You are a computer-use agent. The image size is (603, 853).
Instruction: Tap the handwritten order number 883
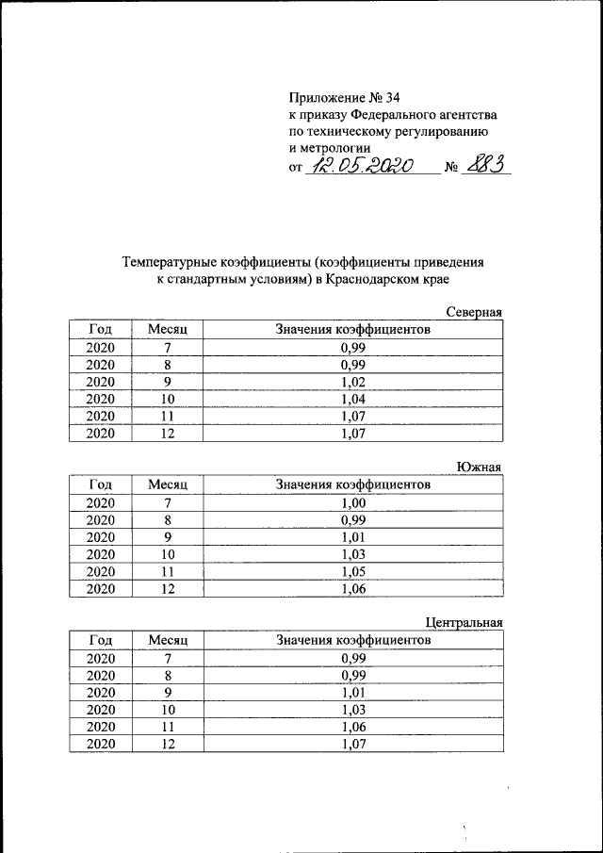(485, 165)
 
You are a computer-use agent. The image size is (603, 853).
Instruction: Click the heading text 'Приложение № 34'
(342, 97)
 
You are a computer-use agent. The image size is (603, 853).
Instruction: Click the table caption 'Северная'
(475, 313)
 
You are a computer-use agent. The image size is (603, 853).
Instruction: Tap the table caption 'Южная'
(481, 468)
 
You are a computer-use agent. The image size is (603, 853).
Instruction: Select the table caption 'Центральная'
(464, 622)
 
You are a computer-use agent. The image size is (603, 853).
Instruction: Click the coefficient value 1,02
(352, 382)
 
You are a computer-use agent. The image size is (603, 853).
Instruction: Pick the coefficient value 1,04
(352, 400)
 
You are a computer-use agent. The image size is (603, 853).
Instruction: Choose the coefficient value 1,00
(352, 502)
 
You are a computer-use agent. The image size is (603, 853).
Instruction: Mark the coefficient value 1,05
(352, 571)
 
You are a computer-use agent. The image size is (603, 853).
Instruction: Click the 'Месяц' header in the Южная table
(169, 484)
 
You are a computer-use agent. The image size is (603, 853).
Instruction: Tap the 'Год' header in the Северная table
(100, 330)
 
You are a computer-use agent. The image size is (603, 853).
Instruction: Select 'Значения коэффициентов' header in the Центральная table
(352, 640)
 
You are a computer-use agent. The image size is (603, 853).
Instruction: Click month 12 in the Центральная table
(169, 744)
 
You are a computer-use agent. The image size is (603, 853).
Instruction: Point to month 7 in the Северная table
(169, 348)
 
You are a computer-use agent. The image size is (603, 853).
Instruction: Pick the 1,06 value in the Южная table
(352, 589)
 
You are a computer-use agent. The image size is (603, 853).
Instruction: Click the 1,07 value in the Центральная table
(352, 744)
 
